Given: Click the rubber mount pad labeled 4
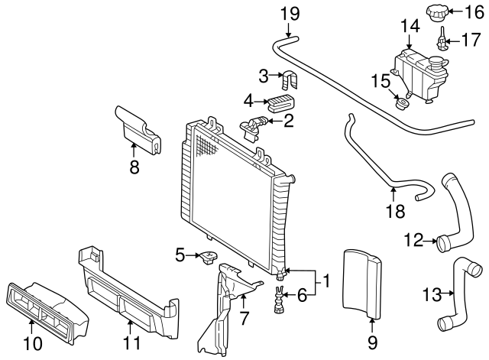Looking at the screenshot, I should click(280, 103).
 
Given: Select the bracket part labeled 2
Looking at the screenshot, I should click(255, 125).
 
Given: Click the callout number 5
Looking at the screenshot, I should click(180, 255).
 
